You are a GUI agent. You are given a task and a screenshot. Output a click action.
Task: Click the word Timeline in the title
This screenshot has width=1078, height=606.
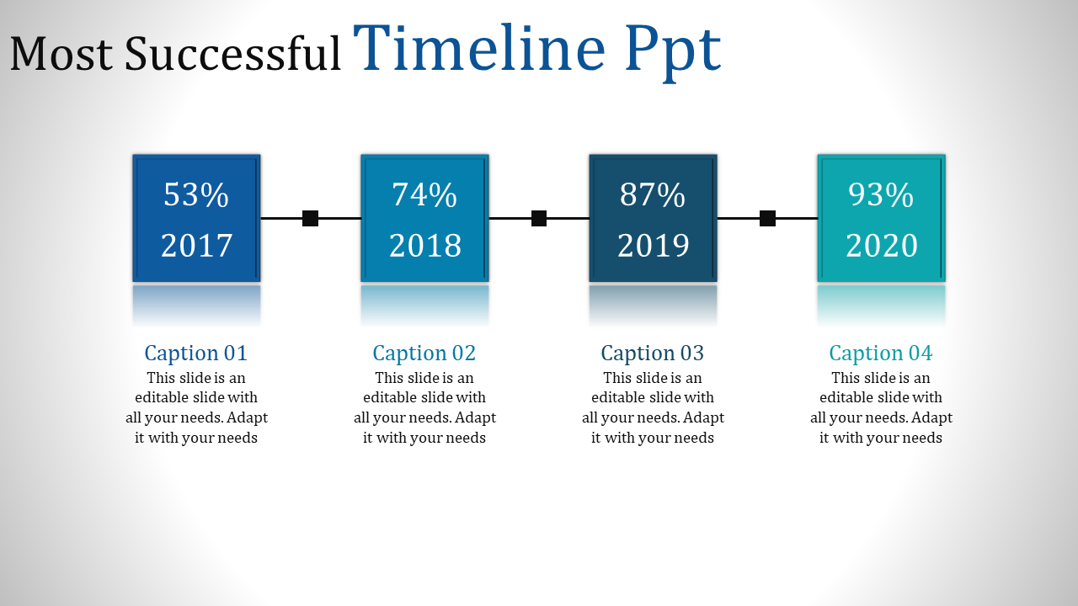point(478,49)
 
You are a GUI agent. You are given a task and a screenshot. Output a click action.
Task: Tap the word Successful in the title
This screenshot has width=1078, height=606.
point(233,54)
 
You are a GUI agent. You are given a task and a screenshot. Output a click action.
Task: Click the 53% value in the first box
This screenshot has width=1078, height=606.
point(196,195)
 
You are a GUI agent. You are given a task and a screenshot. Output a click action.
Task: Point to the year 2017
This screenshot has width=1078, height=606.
point(196,246)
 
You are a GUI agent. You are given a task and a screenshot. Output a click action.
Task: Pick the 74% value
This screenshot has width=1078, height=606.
point(424,195)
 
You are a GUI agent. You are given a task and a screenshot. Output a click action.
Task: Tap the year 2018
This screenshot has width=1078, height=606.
point(424,246)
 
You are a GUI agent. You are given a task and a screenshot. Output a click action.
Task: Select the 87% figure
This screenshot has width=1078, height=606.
point(653,195)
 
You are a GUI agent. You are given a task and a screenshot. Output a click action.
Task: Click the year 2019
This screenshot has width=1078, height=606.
point(653,246)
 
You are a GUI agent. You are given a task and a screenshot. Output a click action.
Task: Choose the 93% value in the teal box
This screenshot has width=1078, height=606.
point(881,195)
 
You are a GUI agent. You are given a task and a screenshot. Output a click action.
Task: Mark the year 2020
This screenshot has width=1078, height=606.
point(881,246)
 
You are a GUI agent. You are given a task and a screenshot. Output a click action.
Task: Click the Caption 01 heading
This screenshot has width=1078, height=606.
point(196,353)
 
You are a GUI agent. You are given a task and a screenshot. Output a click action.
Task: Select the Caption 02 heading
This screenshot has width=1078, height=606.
point(424,353)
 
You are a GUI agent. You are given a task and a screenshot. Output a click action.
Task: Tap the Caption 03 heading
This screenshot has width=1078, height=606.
point(653,353)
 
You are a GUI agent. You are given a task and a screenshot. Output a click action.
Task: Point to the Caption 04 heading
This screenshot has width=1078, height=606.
point(881,353)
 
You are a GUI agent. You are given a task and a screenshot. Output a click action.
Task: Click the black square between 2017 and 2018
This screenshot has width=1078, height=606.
point(310,219)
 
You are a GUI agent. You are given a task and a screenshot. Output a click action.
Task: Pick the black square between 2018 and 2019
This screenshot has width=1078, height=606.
point(539,219)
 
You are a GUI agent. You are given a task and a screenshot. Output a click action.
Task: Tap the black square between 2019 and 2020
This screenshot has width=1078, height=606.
point(767,219)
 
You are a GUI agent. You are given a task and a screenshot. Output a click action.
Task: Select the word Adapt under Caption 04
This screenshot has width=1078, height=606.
point(932,418)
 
